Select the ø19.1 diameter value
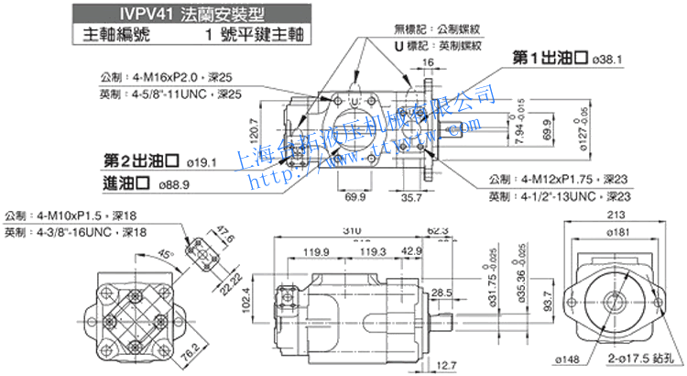tap(201, 162)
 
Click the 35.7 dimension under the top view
tap(412, 196)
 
